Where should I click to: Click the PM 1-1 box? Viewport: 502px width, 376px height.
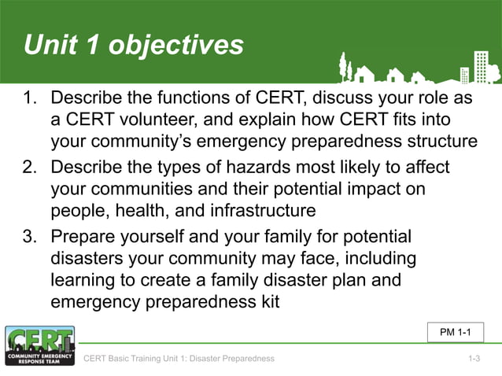coord(455,333)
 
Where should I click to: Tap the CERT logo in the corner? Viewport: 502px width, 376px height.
coord(39,346)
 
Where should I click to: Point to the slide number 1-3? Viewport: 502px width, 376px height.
coord(474,359)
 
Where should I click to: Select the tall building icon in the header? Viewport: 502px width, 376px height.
coord(480,66)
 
